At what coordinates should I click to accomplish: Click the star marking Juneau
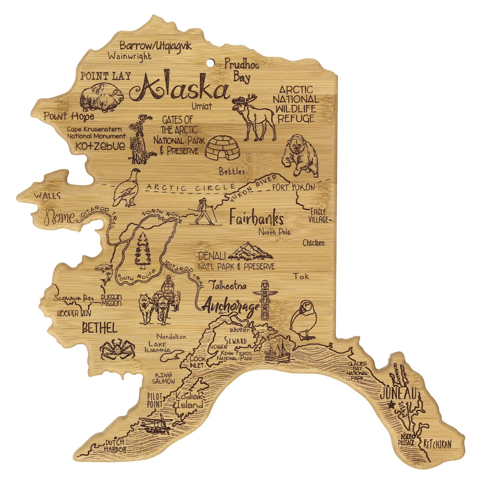[x=392, y=405]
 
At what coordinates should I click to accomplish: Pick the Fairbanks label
[x=256, y=218]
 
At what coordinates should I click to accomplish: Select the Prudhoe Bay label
[x=241, y=71]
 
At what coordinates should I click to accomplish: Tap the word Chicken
[x=313, y=243]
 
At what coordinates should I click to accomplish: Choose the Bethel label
[x=100, y=328]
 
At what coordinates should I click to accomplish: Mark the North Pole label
[x=274, y=232]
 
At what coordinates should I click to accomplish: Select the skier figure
[x=205, y=211]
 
